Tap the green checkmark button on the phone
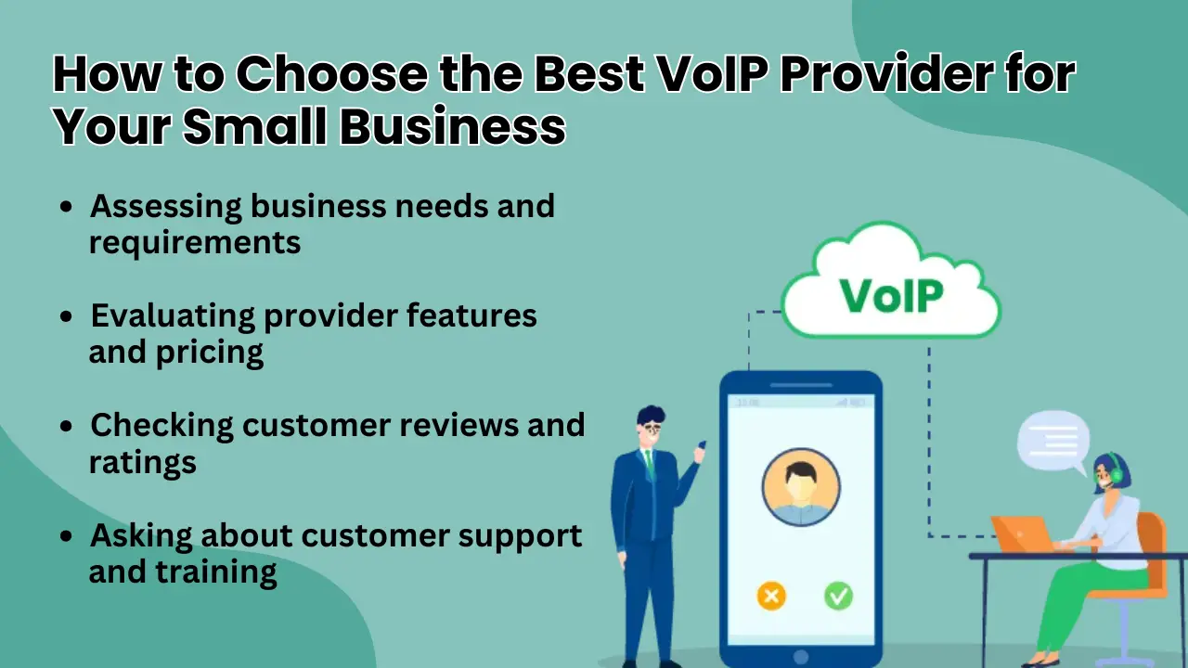pos(838,595)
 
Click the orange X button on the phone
pos(771,595)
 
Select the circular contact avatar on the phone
pos(801,487)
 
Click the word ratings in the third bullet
pos(142,461)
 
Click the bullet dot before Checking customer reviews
pos(67,427)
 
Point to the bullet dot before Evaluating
pos(67,317)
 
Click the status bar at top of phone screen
pos(801,403)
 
